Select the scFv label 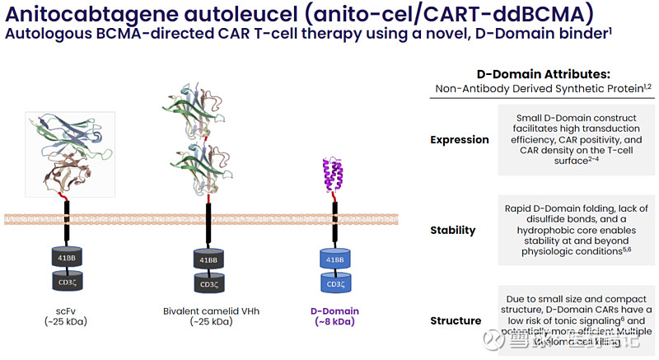(x=66, y=311)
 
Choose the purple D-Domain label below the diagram (x=334, y=311)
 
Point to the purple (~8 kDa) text (x=334, y=322)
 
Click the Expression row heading (x=459, y=140)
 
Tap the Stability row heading (x=453, y=230)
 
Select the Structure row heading (x=456, y=320)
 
